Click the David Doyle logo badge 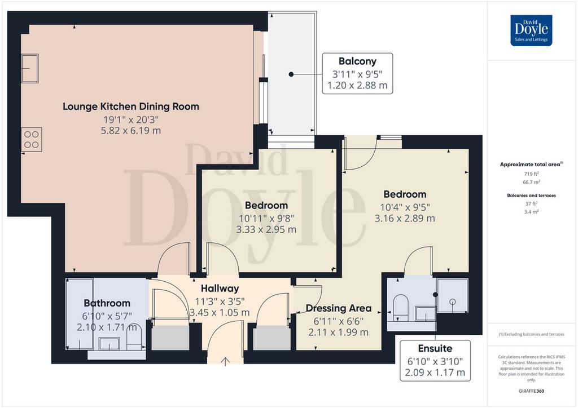(531, 30)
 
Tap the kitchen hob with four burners (32, 139)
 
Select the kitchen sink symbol (30, 68)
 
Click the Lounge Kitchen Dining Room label (131, 107)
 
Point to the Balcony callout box (357, 73)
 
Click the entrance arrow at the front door (225, 362)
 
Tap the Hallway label (220, 289)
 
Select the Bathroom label (107, 303)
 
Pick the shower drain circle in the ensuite (453, 301)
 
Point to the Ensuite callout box (435, 361)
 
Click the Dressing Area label (339, 308)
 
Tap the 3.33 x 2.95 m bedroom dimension (266, 229)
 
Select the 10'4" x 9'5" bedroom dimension (405, 207)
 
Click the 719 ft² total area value (532, 174)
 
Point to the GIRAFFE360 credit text (531, 391)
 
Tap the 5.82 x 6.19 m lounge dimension (131, 131)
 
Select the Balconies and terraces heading (532, 196)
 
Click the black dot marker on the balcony (291, 74)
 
